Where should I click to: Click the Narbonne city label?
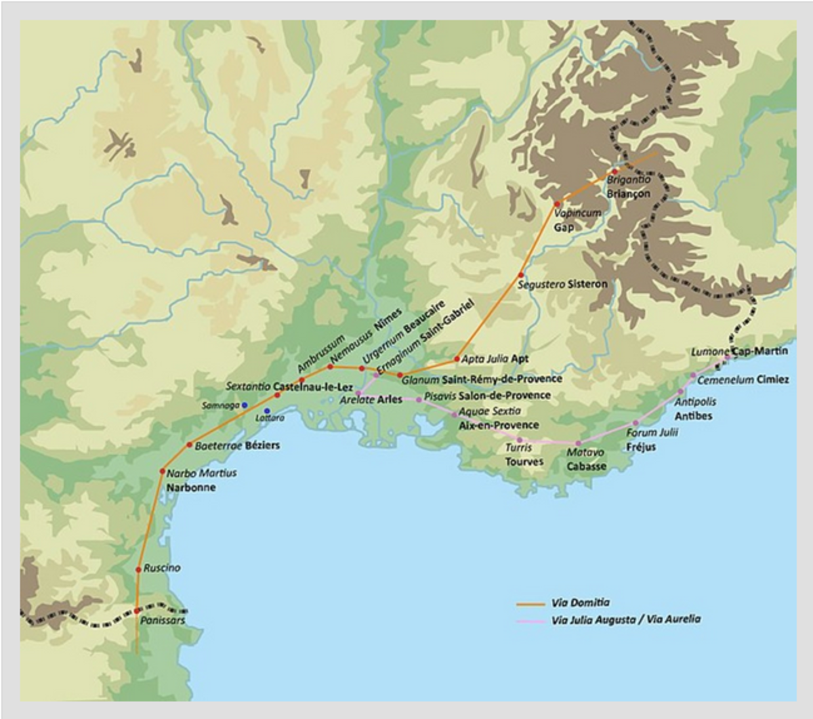click(x=191, y=487)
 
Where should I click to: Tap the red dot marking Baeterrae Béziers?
click(x=190, y=445)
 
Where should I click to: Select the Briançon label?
click(x=628, y=194)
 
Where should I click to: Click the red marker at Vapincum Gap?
click(x=558, y=204)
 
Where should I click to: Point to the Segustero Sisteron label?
click(x=562, y=285)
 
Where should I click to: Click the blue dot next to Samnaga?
click(x=245, y=405)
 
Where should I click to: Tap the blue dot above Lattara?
click(x=267, y=411)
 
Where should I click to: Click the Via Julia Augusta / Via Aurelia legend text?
click(x=626, y=619)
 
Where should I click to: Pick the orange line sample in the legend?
click(x=530, y=603)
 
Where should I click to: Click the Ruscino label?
click(x=162, y=568)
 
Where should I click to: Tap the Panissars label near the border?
click(x=163, y=620)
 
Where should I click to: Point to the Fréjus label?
click(x=641, y=447)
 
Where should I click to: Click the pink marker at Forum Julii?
click(x=635, y=424)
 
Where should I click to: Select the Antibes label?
click(x=693, y=415)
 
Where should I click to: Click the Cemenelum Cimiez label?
click(x=743, y=379)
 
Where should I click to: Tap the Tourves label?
click(x=524, y=462)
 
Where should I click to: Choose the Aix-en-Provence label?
click(x=499, y=426)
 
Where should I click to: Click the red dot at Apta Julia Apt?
click(x=457, y=358)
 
